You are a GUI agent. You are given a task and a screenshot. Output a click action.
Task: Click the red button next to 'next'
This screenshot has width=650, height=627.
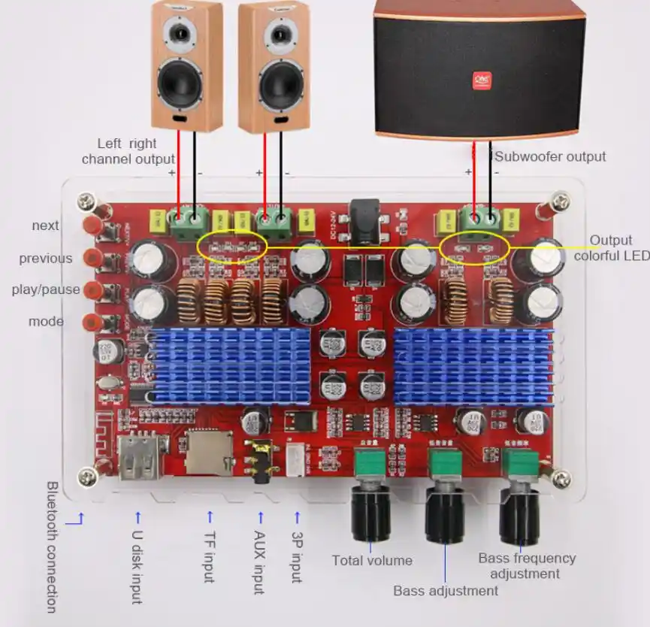(94, 225)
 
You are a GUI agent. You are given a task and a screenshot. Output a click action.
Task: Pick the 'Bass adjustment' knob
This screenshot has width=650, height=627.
(445, 515)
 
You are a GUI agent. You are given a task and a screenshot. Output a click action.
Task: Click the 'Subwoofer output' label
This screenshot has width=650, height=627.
(550, 156)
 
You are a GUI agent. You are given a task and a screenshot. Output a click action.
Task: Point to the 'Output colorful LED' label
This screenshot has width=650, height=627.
(610, 248)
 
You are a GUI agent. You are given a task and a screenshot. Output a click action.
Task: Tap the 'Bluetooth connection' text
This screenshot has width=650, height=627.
(51, 547)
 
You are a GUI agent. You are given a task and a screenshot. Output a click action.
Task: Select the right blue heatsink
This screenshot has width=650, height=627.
(473, 364)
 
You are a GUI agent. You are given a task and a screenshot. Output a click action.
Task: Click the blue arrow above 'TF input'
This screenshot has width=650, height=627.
(210, 516)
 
